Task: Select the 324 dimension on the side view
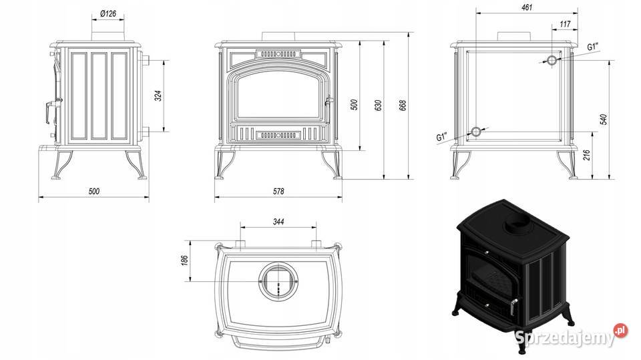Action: point(158,96)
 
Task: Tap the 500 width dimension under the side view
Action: point(93,192)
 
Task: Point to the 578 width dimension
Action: point(278,192)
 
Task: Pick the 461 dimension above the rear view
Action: point(527,7)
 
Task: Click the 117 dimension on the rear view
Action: point(565,25)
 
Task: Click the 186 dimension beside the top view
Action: point(185,259)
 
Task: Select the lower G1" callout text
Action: point(441,137)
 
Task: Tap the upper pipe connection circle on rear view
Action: point(552,60)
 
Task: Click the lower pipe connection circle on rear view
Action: point(475,132)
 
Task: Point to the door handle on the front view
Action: point(327,102)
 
